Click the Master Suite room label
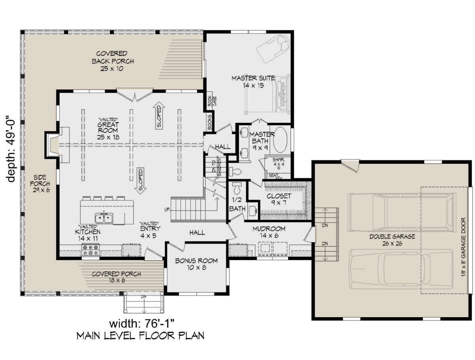[x=247, y=82]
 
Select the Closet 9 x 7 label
[x=279, y=199]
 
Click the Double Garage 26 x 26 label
[x=392, y=240]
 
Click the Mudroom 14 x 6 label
[x=269, y=232]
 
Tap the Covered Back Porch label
[x=112, y=61]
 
